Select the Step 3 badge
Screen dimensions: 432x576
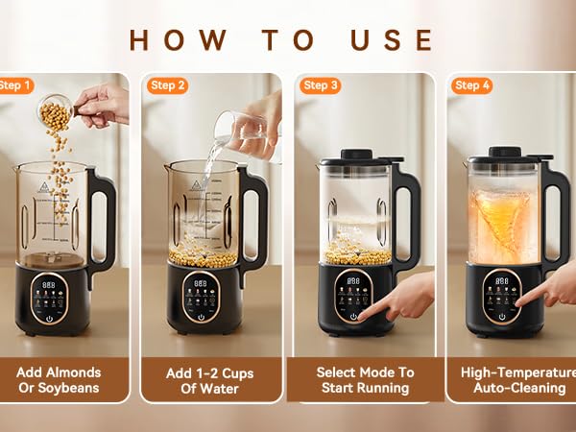[320, 85]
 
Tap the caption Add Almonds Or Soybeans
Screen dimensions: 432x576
[64, 379]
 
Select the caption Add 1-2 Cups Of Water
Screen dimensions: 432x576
[213, 379]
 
